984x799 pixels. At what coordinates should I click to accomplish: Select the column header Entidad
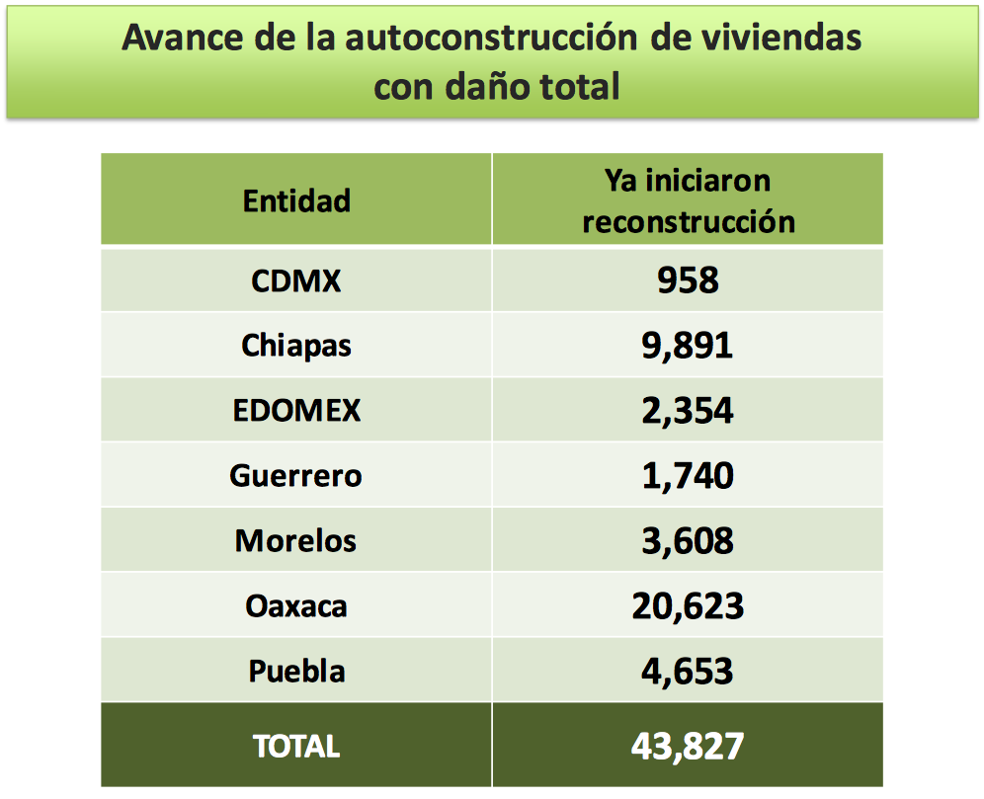point(296,200)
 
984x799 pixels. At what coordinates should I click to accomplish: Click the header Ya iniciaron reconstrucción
point(688,200)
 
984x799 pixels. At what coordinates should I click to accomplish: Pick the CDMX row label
point(296,280)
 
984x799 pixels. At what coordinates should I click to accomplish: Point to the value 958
point(688,280)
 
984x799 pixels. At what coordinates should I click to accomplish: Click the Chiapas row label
point(296,346)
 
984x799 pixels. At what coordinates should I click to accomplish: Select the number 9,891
point(688,346)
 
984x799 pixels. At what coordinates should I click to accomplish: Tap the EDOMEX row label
point(296,411)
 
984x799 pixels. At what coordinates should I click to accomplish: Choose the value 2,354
point(688,411)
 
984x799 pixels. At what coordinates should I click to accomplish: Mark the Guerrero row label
point(296,476)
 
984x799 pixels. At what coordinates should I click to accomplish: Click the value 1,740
point(688,476)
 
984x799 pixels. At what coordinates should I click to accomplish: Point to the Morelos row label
point(296,541)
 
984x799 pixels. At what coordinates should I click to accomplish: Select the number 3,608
point(688,541)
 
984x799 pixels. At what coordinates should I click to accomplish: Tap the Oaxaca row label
point(296,605)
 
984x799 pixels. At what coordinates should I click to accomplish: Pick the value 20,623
point(688,605)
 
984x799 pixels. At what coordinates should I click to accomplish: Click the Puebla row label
point(296,672)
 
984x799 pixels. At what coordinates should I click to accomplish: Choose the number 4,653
point(688,672)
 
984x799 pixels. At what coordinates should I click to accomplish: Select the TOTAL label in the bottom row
point(296,746)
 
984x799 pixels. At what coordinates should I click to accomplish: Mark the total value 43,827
point(688,746)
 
